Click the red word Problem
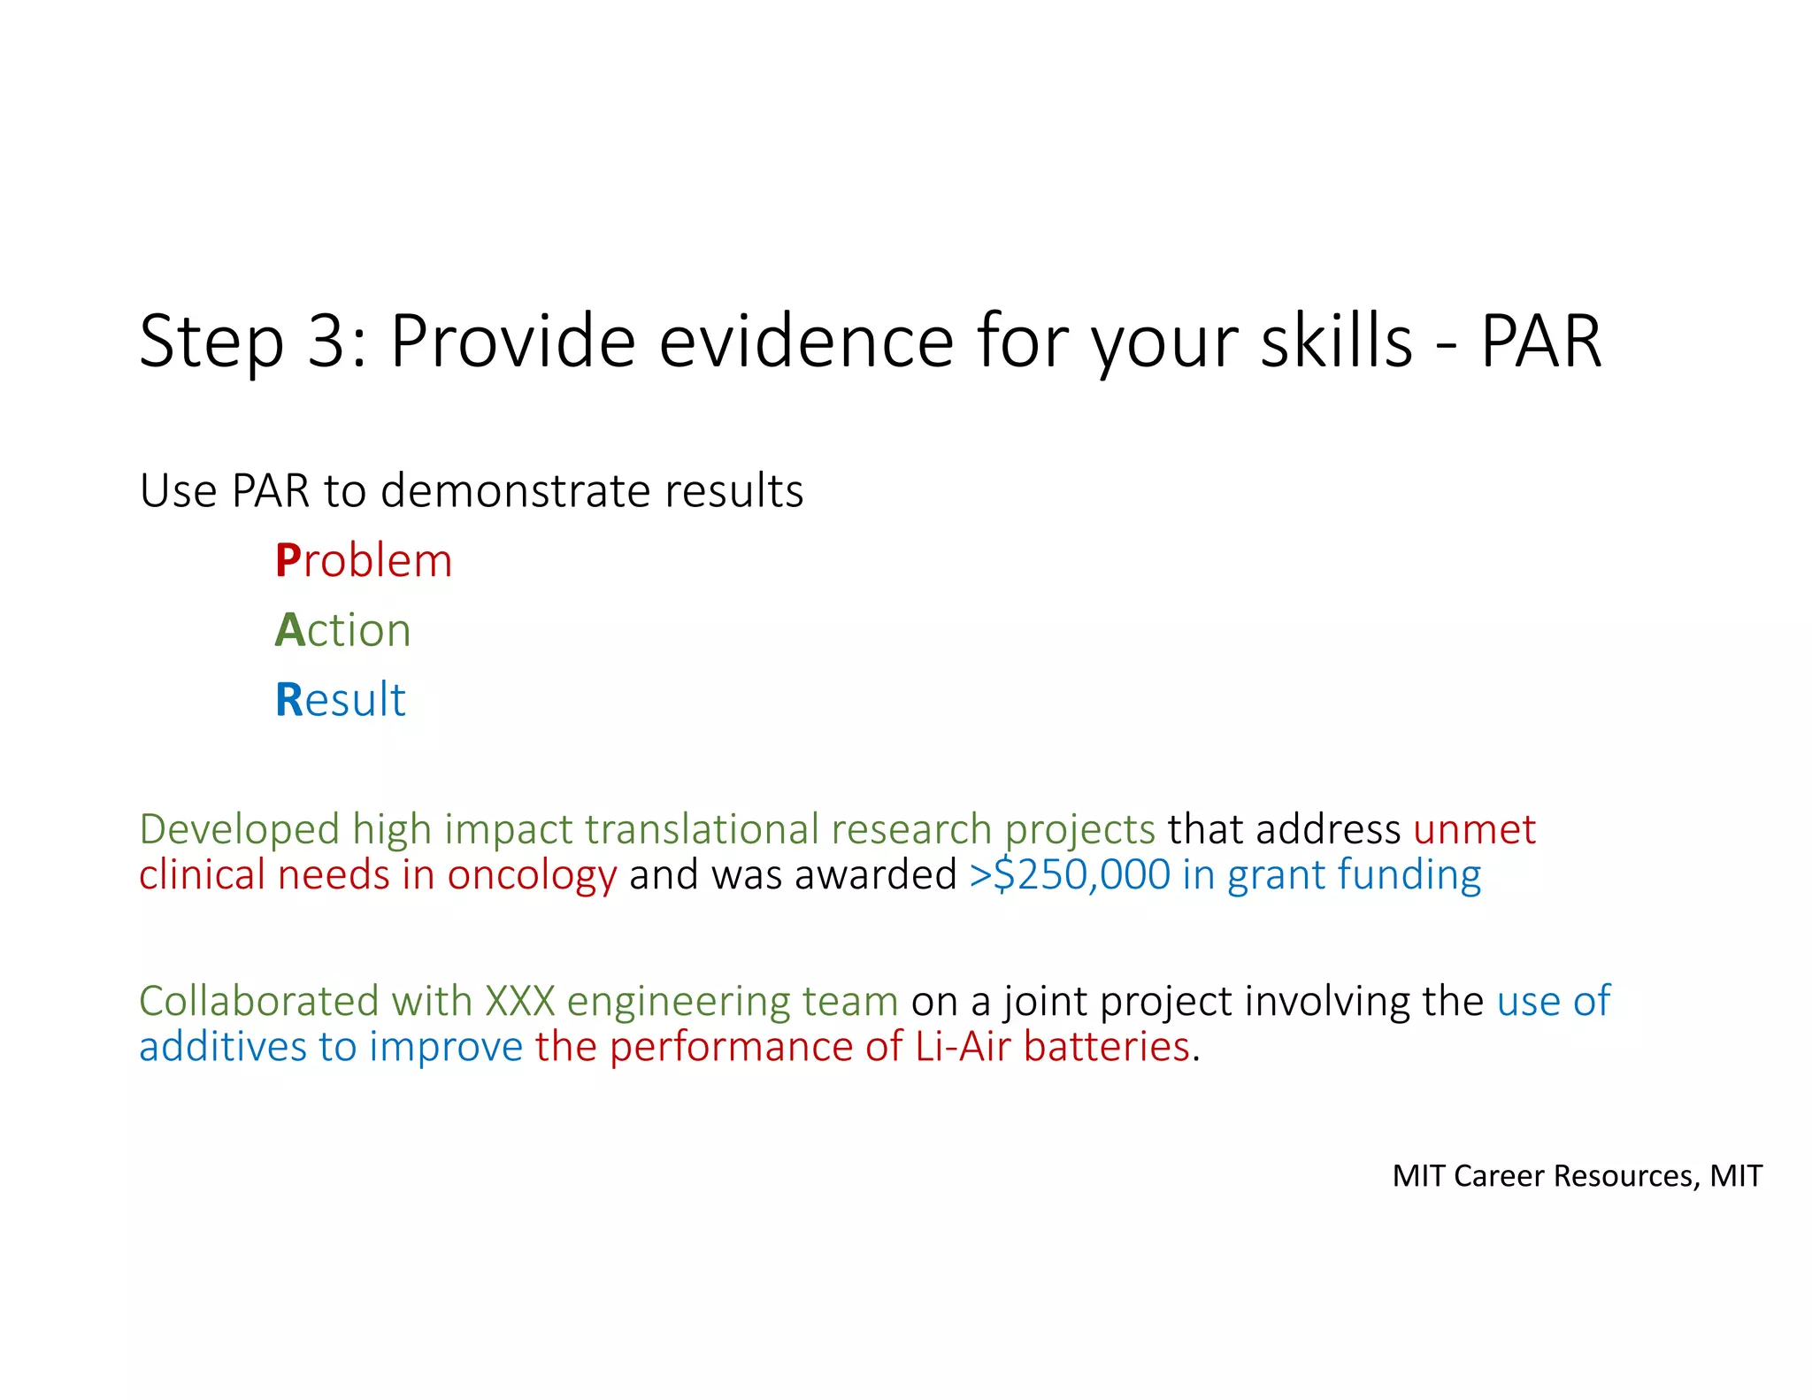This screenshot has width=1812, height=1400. point(364,561)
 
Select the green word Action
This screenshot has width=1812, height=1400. point(343,630)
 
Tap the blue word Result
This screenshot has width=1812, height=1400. point(341,700)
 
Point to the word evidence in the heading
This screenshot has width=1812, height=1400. point(807,342)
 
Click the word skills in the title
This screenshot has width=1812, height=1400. point(1337,342)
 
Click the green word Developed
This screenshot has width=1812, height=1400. point(240,830)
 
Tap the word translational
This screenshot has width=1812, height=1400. point(702,830)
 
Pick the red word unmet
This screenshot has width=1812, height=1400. point(1474,830)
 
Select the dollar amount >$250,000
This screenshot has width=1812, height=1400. point(1070,875)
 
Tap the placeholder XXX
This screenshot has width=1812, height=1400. point(519,1002)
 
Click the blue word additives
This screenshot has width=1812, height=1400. point(223,1047)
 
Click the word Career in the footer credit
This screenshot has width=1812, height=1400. point(1501,1176)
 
